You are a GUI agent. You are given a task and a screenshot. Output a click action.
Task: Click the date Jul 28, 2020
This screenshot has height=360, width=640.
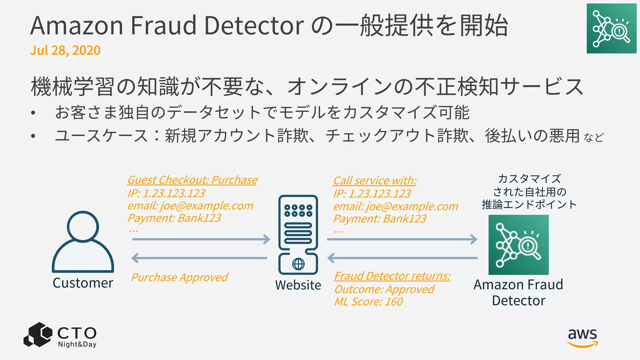(65, 50)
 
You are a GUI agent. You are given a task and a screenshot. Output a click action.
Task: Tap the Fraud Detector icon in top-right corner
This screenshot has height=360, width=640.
(611, 28)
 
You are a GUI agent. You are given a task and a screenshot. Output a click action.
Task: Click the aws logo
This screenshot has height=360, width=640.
(582, 337)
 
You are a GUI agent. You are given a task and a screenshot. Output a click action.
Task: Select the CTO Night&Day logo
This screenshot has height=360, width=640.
(60, 335)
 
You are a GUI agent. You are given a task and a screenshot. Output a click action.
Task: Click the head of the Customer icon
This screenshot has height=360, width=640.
(83, 226)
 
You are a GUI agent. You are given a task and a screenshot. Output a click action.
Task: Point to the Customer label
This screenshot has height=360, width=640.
(83, 283)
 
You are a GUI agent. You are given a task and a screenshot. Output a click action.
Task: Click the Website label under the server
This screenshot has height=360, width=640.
(298, 285)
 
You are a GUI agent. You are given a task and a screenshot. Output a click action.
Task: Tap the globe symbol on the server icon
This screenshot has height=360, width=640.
(298, 264)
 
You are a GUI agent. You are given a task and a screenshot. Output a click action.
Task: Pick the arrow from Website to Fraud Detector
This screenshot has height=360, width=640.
(402, 239)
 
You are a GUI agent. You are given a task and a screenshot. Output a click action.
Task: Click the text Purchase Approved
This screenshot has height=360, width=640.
(179, 277)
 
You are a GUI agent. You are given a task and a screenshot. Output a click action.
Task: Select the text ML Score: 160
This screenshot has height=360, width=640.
(368, 302)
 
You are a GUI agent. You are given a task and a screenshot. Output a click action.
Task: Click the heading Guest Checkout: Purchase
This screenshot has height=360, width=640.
(192, 180)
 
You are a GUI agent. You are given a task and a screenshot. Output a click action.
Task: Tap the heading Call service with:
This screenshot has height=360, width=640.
(374, 181)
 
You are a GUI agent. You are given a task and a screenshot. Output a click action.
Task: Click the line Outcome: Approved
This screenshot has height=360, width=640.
(384, 289)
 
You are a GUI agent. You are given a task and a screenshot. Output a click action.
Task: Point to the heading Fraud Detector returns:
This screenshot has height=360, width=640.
(392, 276)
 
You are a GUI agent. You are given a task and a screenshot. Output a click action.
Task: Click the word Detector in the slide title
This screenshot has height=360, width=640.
(253, 26)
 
